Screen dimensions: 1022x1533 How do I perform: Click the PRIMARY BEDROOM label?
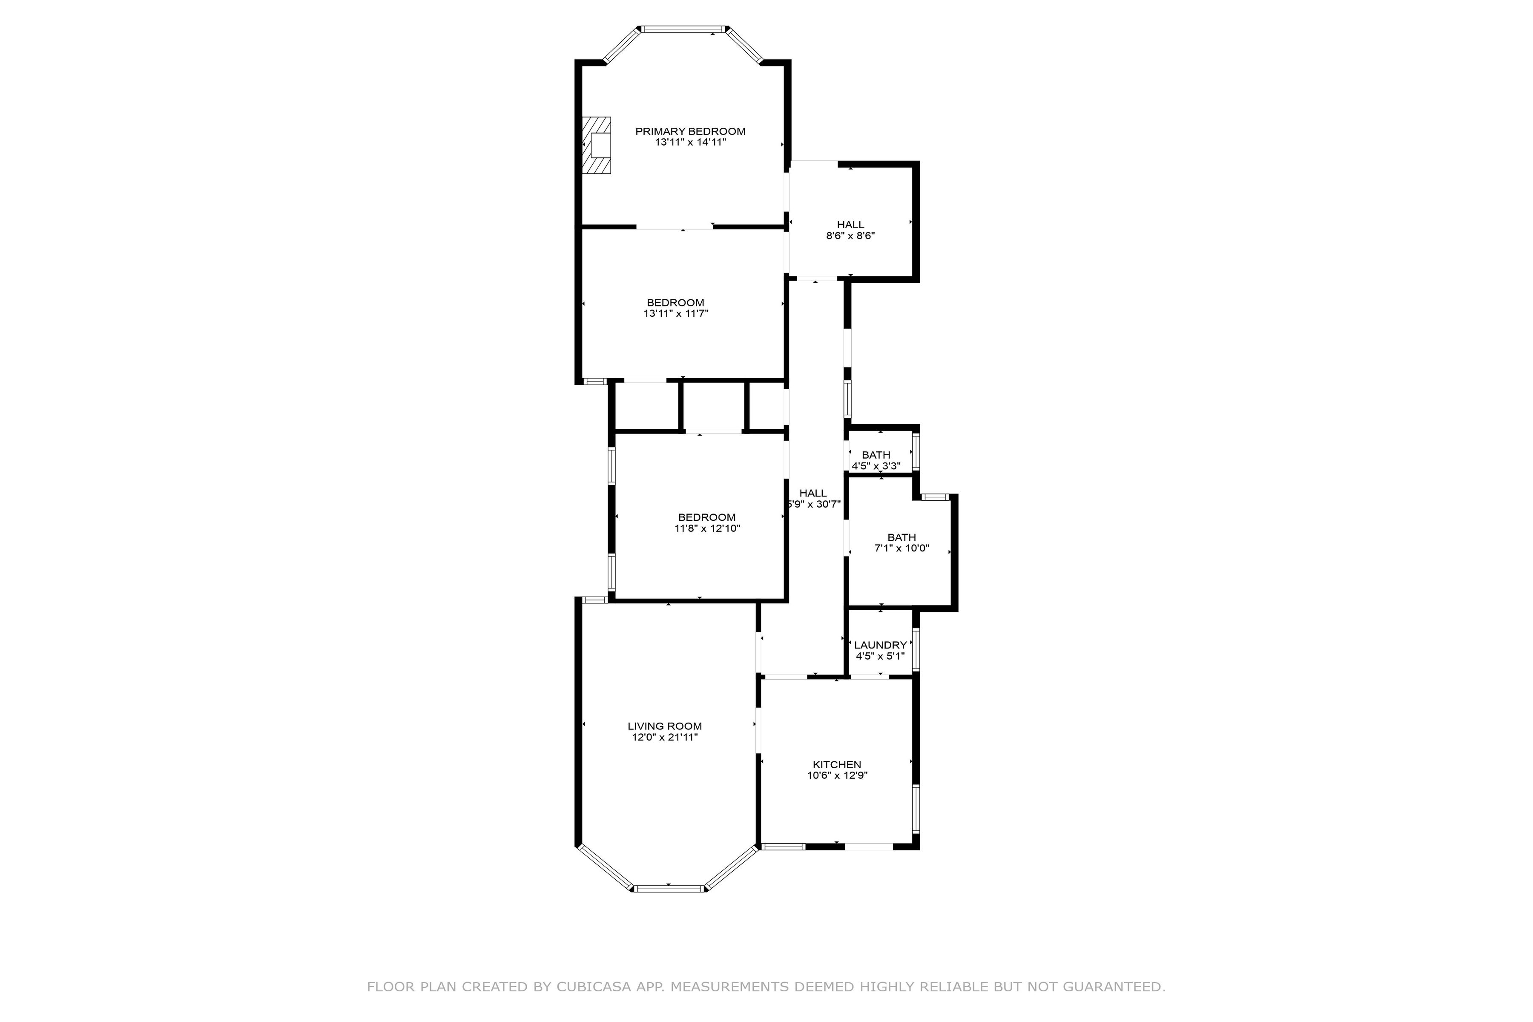pyautogui.click(x=690, y=131)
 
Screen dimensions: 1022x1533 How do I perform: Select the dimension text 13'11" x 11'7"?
pyautogui.click(x=676, y=313)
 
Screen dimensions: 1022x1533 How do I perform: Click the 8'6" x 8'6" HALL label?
pyautogui.click(x=850, y=225)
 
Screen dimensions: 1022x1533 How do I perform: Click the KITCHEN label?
pyautogui.click(x=837, y=764)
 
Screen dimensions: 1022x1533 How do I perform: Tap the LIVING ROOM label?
pyautogui.click(x=664, y=726)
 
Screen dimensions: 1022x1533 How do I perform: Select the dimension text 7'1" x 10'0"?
pyautogui.click(x=901, y=548)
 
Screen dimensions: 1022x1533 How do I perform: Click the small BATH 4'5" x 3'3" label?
pyautogui.click(x=876, y=455)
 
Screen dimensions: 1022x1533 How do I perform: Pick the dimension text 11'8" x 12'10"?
pyautogui.click(x=707, y=528)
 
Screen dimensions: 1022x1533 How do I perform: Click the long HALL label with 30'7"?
pyautogui.click(x=813, y=494)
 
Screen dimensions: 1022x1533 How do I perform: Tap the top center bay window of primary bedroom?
pyautogui.click(x=683, y=29)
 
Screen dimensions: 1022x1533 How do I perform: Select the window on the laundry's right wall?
pyautogui.click(x=916, y=649)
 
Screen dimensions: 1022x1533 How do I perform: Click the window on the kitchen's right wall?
pyautogui.click(x=916, y=809)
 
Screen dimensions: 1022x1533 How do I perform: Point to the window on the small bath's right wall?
pyautogui.click(x=916, y=452)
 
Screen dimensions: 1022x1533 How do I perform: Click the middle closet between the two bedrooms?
pyautogui.click(x=714, y=405)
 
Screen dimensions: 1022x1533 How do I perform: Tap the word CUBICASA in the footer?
pyautogui.click(x=593, y=987)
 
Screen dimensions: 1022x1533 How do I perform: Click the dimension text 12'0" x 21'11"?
pyautogui.click(x=664, y=737)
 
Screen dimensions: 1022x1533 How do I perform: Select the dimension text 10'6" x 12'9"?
pyautogui.click(x=837, y=775)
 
